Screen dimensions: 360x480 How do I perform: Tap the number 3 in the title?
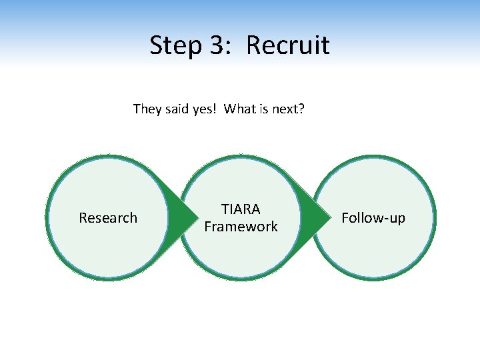(x=215, y=45)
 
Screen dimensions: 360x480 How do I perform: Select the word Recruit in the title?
(x=288, y=45)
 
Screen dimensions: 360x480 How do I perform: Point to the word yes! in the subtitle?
(x=204, y=109)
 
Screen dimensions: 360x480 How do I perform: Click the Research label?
(x=108, y=218)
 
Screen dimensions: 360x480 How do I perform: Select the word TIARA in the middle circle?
(x=241, y=209)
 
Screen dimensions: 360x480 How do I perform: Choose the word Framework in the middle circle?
(x=241, y=227)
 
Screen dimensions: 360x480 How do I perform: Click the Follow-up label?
(x=373, y=218)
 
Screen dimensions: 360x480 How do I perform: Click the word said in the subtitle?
(x=176, y=109)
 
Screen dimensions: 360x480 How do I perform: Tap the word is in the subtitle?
(x=263, y=109)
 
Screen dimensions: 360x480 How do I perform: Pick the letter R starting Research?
(x=83, y=218)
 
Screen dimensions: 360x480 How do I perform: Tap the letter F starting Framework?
(x=207, y=227)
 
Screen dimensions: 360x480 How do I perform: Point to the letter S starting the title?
(x=156, y=45)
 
